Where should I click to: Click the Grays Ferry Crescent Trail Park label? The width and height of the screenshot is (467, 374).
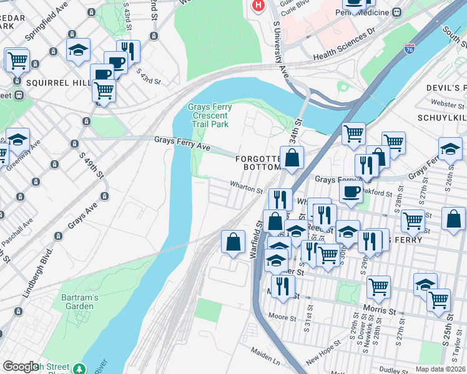[x=210, y=116]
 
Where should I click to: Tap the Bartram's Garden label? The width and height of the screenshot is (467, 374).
[x=80, y=302]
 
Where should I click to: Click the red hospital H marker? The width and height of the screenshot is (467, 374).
[x=257, y=6]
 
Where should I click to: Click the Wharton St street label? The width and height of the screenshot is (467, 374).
[x=246, y=187]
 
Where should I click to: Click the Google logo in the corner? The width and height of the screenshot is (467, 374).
[x=21, y=367]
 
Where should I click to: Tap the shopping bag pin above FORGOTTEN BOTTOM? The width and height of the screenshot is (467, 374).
[x=292, y=158]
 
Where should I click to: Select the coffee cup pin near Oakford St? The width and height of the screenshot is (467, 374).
[x=351, y=191]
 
